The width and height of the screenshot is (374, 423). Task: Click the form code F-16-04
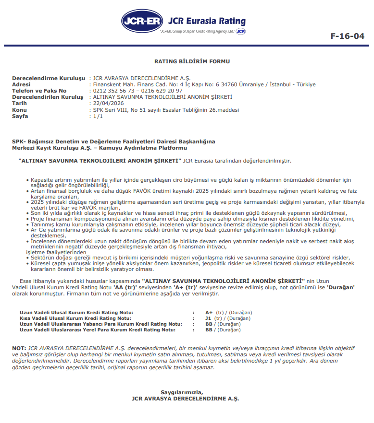pos(348,36)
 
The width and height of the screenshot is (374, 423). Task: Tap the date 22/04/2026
pos(108,103)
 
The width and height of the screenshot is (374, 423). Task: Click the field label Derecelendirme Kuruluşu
pos(48,78)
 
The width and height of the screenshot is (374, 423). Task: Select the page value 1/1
pos(98,116)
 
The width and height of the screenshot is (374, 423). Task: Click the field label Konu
pos(20,110)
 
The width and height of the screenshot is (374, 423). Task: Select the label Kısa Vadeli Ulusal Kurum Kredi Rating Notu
pos(75,318)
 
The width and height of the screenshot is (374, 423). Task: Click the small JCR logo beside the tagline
pos(241,32)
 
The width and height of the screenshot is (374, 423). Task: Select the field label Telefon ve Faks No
pos(39,91)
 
